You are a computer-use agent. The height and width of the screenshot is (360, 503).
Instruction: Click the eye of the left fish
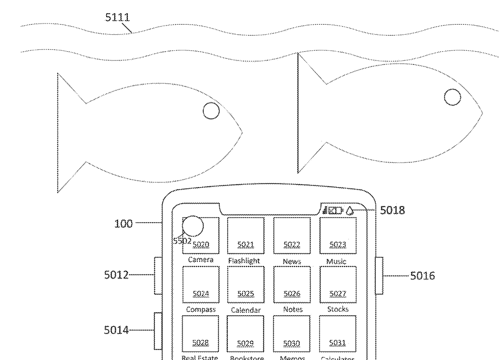pos(211,111)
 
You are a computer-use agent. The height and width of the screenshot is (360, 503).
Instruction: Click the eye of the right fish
pos(452,97)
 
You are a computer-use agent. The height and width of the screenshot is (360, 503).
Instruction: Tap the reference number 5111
pos(117,18)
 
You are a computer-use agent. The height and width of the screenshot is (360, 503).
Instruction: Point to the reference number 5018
pos(392,211)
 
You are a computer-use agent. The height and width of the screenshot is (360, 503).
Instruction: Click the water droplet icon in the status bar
pos(350,211)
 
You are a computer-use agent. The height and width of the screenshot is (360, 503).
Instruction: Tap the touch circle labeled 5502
pos(193,227)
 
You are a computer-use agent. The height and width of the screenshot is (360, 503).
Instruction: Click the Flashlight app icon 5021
pos(246,235)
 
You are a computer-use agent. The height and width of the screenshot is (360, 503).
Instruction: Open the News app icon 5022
pos(292,235)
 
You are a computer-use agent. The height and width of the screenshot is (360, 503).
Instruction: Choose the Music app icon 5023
pos(338,235)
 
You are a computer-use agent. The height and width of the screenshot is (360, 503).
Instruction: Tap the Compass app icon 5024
pos(200,284)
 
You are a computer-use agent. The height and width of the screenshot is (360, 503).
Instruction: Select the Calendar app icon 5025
pos(246,284)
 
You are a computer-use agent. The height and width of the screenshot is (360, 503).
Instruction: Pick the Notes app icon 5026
pos(292,284)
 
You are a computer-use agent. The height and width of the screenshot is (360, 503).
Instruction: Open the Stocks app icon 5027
pos(338,284)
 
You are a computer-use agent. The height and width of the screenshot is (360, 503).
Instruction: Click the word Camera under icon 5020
pos(201,260)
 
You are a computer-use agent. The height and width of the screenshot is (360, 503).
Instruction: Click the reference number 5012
pos(116,275)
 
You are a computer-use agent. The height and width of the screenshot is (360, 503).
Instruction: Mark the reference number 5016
pos(423,276)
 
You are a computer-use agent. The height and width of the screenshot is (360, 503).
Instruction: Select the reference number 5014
pos(116,330)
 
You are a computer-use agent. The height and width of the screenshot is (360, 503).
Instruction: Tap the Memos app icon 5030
pos(292,333)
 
